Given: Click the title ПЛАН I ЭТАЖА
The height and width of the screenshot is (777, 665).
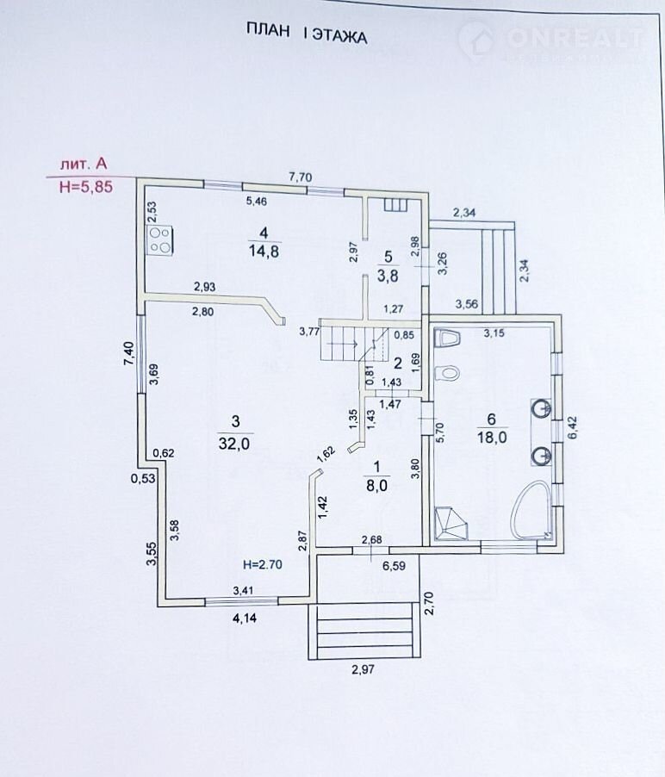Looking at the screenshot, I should [307, 36].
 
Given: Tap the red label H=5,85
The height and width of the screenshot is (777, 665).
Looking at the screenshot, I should [85, 187].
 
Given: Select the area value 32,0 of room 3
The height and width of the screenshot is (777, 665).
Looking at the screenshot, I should [234, 444].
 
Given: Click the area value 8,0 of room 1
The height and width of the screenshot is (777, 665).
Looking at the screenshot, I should [376, 485].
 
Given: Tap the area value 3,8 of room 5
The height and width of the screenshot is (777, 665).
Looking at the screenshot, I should [388, 277].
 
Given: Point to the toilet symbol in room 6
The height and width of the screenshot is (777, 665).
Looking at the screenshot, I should [446, 374].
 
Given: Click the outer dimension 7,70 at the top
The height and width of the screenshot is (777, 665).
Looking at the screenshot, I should [300, 177].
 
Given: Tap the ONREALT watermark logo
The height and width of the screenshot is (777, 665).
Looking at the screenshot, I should [551, 39].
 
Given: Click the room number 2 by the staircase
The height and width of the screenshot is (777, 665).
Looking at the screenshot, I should [398, 363].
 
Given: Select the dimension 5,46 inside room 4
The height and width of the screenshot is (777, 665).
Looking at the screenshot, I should [258, 202].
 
